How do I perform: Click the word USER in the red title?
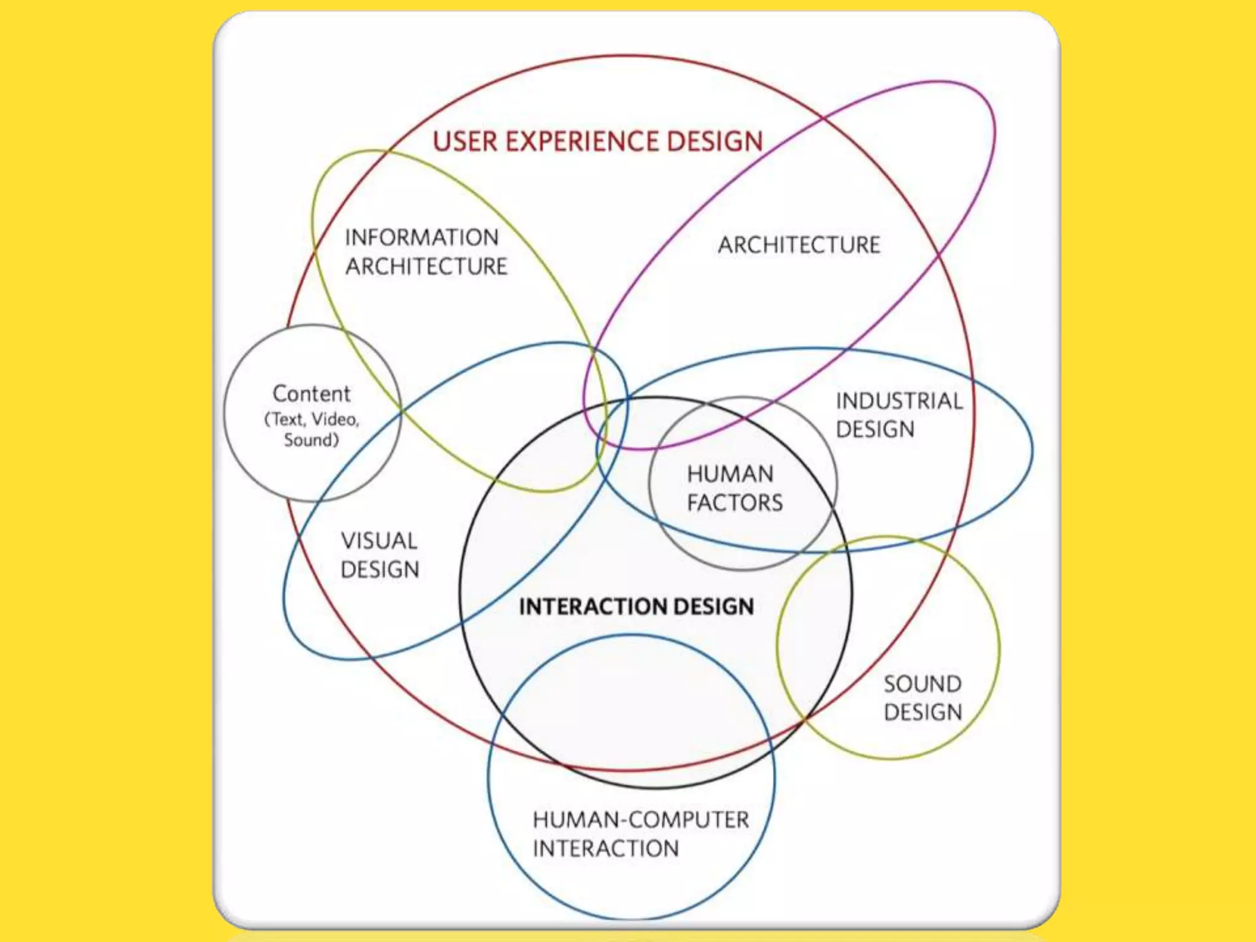click(x=465, y=142)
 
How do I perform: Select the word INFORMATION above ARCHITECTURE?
click(x=422, y=237)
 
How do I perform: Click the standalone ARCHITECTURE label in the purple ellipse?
click(x=799, y=245)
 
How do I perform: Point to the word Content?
click(x=312, y=394)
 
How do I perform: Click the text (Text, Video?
click(x=312, y=419)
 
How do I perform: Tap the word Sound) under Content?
click(x=311, y=440)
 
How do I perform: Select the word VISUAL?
click(x=379, y=541)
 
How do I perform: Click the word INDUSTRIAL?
click(x=899, y=401)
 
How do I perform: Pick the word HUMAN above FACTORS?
click(x=730, y=474)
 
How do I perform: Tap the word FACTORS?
click(x=735, y=503)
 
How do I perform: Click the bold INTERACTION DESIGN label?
click(x=636, y=607)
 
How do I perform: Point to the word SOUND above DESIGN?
click(x=922, y=684)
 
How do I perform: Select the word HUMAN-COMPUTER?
click(x=641, y=820)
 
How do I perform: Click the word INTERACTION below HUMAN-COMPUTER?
click(x=606, y=849)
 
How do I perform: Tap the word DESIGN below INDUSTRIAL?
click(x=875, y=429)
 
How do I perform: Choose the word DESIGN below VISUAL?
click(x=380, y=570)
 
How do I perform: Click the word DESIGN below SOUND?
click(x=923, y=712)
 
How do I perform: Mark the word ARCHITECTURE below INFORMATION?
click(x=426, y=266)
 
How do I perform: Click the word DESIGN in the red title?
click(x=714, y=142)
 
